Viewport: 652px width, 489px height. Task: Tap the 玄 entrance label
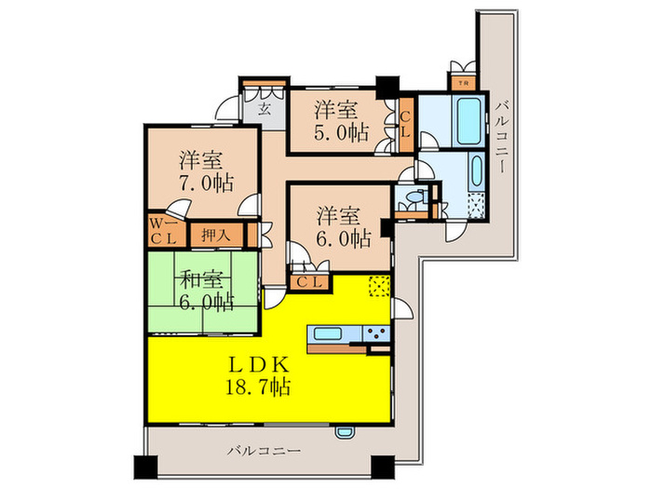point(264,109)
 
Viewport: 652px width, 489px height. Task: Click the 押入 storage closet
point(216,235)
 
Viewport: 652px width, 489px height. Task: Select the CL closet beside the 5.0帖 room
point(406,125)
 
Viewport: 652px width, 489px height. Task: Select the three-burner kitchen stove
point(376,334)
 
